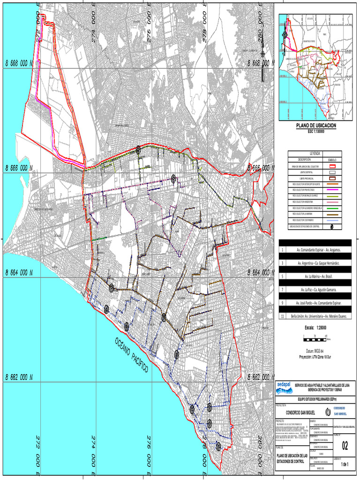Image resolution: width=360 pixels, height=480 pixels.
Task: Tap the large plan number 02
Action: [345, 445]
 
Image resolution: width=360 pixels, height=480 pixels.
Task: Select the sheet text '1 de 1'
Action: [345, 465]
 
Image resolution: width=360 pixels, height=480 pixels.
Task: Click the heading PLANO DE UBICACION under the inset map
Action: [315, 127]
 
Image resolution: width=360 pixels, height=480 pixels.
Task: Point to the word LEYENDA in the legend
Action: [315, 154]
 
